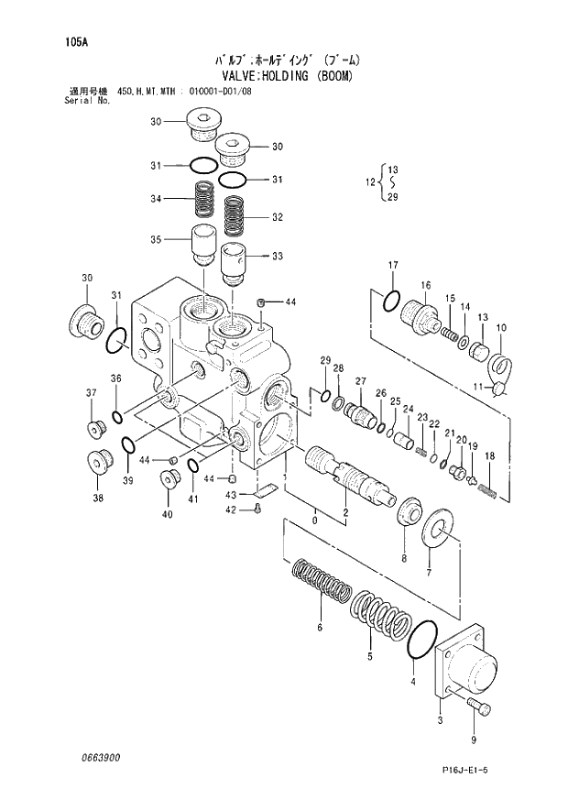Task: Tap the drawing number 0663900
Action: (x=98, y=758)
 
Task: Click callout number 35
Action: (x=156, y=240)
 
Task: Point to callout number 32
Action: (x=277, y=217)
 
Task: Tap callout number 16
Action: (x=426, y=286)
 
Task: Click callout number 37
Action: (x=91, y=394)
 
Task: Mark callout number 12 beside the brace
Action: (x=370, y=182)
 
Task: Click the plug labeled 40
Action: (x=168, y=477)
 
